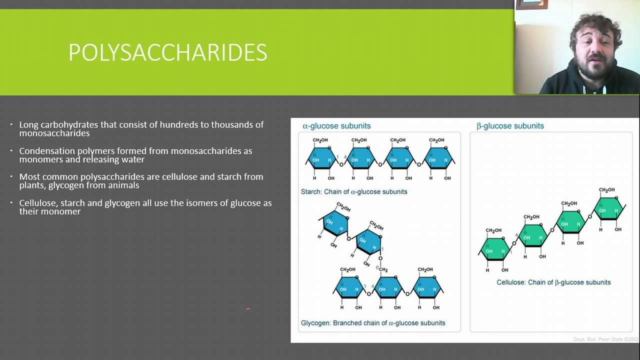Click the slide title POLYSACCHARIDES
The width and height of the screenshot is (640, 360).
pyautogui.click(x=167, y=52)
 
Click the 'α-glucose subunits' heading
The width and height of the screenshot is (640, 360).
pyautogui.click(x=336, y=126)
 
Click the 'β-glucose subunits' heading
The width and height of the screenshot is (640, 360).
pyautogui.click(x=510, y=126)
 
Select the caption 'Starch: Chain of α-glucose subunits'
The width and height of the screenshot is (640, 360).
pyautogui.click(x=354, y=191)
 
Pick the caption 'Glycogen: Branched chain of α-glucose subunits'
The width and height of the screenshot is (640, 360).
pyautogui.click(x=373, y=323)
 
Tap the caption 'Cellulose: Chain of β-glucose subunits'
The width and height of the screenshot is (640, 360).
pyautogui.click(x=553, y=282)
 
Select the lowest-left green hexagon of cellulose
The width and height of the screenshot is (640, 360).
pyautogui.click(x=494, y=248)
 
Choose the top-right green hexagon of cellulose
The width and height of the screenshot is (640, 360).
pyautogui.click(x=608, y=208)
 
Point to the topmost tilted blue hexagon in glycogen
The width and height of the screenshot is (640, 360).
pyautogui.click(x=334, y=222)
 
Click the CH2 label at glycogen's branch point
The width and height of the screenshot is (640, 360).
pyautogui.click(x=382, y=269)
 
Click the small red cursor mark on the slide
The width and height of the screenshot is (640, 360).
pyautogui.click(x=247, y=309)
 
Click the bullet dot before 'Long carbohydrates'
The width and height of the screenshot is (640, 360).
pyautogui.click(x=11, y=124)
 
